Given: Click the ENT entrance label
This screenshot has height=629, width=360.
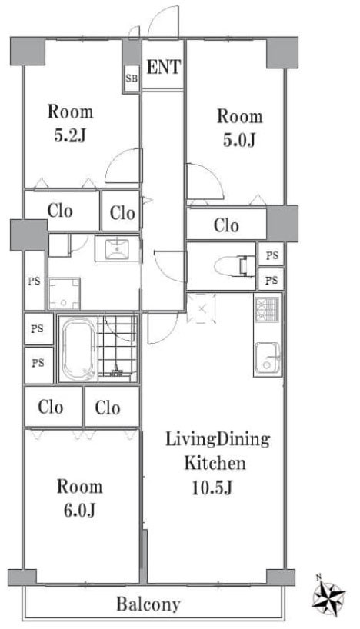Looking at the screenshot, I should point(163,67).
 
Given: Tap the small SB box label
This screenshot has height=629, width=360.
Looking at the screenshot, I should point(131,78).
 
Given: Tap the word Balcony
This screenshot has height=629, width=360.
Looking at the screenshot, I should point(148,604).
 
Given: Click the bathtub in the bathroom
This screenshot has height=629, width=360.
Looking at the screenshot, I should point(75,349).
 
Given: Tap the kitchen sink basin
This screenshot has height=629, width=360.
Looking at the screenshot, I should point(267,358).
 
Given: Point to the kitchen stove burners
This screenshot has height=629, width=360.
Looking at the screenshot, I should point(267,311).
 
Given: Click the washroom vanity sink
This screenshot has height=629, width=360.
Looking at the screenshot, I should point(117,249).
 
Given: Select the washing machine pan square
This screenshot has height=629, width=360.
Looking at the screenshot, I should point(64,292).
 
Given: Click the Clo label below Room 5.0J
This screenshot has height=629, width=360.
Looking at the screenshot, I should point(226,226).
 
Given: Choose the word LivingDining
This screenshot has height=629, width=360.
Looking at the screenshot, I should point(218,441).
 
